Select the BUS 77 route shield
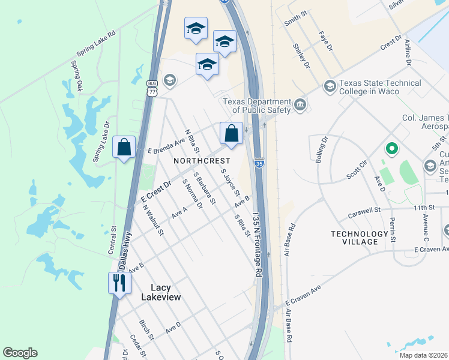click(152, 88)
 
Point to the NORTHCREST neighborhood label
click(202, 161)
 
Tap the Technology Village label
click(360, 238)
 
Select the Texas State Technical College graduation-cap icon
click(330, 87)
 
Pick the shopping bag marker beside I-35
click(231, 133)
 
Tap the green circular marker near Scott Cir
click(391, 148)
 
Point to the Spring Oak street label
click(76, 76)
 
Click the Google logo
click(20, 353)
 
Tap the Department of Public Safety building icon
click(300, 106)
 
